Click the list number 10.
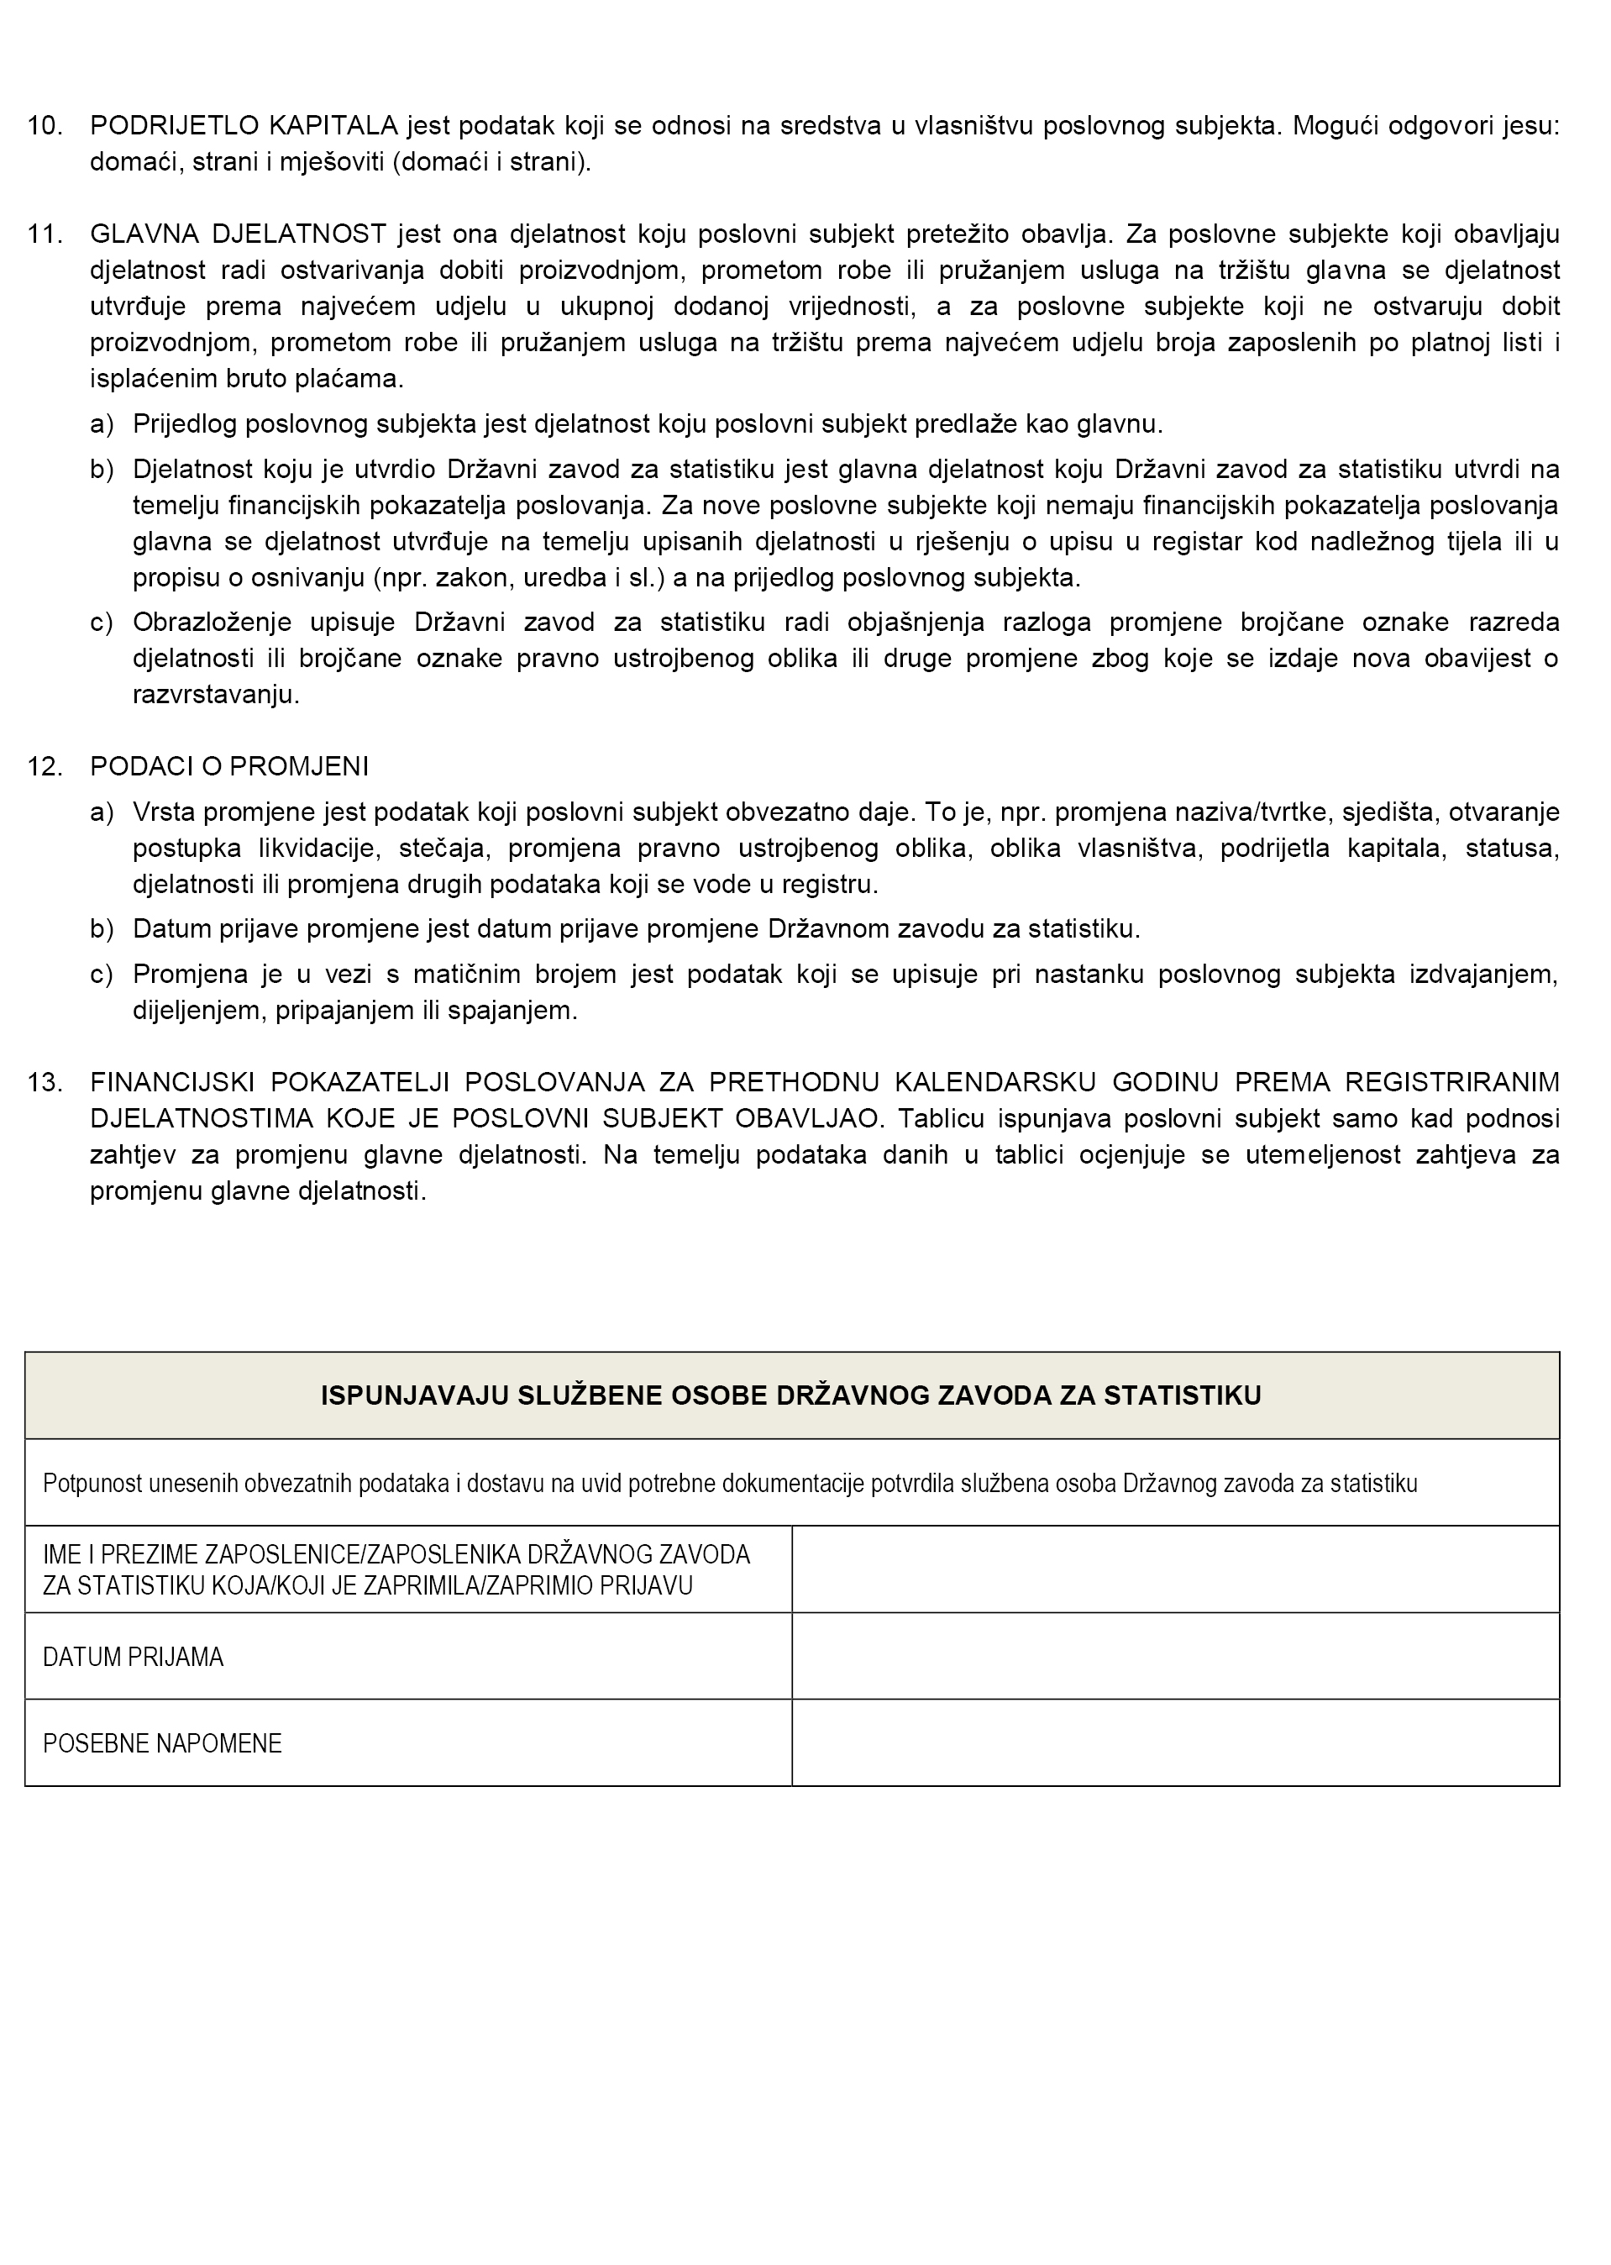(x=45, y=126)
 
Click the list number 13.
(x=45, y=1081)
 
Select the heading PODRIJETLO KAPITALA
(x=243, y=126)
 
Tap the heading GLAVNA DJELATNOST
(x=237, y=234)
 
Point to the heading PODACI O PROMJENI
(x=229, y=767)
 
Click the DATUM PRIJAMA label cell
(x=133, y=1657)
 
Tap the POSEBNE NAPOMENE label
(x=163, y=1743)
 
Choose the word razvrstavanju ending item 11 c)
(x=215, y=695)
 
